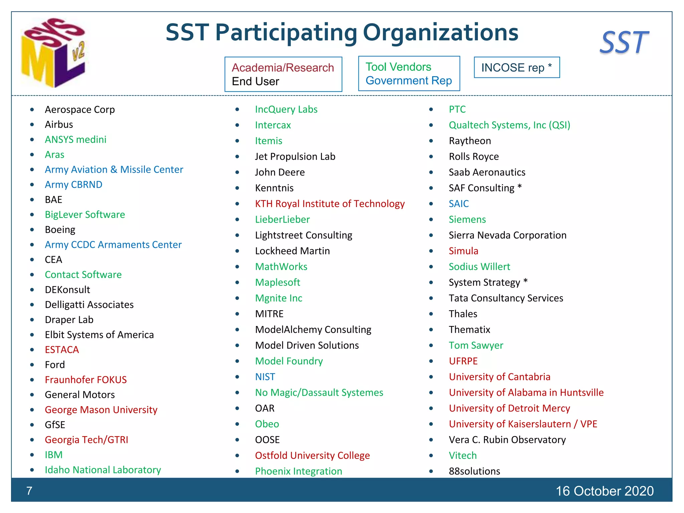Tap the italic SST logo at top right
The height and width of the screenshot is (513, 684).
(x=624, y=43)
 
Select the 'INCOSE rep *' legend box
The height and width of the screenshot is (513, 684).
(x=516, y=67)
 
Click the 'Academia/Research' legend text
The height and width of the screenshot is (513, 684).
(x=283, y=68)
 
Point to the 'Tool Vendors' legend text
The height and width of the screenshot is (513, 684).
(x=398, y=67)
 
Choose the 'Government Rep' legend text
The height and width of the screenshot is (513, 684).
(x=408, y=81)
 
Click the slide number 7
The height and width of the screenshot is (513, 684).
(x=29, y=491)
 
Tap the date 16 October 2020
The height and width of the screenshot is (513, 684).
(x=605, y=491)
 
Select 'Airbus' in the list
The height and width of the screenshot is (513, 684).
(x=59, y=125)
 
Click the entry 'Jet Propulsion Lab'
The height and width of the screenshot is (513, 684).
(x=295, y=157)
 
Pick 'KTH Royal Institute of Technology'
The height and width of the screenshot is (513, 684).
(x=330, y=204)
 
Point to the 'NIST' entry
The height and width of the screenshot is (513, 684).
(x=265, y=377)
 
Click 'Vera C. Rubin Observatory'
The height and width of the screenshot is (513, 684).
(x=507, y=440)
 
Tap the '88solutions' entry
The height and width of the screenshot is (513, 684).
(x=474, y=471)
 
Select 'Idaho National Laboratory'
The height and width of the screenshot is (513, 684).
(x=103, y=470)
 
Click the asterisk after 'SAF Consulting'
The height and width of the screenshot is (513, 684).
(x=519, y=187)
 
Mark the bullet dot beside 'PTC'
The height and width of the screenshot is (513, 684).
(x=431, y=110)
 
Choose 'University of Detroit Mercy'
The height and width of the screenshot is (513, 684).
(x=509, y=408)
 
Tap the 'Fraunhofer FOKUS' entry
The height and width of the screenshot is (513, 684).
(x=86, y=380)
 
